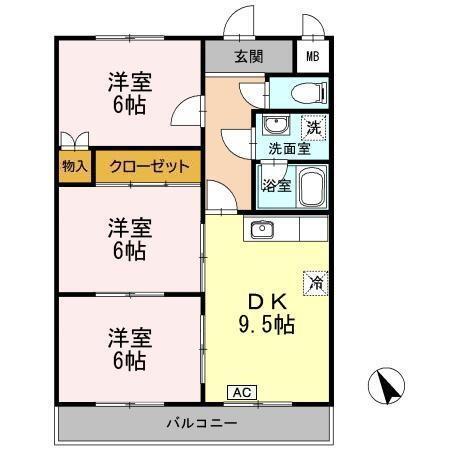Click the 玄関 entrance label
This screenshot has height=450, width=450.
(249, 55)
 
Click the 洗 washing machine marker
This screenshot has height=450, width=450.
(314, 128)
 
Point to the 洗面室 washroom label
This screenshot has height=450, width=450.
(287, 149)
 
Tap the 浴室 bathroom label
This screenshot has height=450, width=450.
(275, 185)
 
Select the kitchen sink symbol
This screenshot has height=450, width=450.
(263, 229)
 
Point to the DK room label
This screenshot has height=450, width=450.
(265, 300)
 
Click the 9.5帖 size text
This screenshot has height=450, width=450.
(265, 324)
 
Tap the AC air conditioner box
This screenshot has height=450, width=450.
(241, 392)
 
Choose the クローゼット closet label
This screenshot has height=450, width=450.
(149, 166)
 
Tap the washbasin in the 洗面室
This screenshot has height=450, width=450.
(275, 127)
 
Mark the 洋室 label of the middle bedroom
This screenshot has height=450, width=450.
(129, 228)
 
